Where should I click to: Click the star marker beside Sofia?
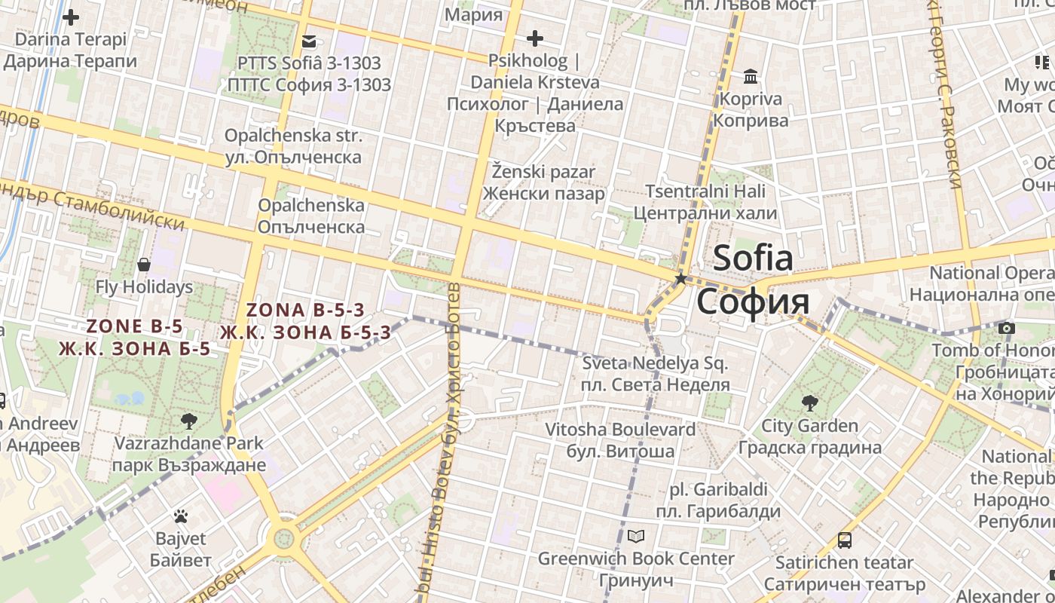click(681, 279)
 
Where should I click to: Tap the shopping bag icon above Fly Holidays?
click(144, 265)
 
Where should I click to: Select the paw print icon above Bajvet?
click(181, 516)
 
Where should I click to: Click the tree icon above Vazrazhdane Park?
click(188, 421)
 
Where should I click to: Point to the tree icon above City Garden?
click(810, 403)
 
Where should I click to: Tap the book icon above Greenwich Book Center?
click(636, 537)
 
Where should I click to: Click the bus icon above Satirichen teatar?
click(845, 540)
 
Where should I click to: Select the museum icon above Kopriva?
click(751, 77)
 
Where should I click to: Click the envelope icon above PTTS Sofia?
click(309, 41)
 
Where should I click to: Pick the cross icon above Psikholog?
click(535, 38)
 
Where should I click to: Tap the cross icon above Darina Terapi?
click(71, 17)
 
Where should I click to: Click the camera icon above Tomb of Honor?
click(1007, 328)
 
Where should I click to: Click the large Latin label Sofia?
click(753, 258)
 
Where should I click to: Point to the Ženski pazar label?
click(543, 172)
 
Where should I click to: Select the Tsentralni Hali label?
click(705, 191)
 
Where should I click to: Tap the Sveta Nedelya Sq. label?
click(656, 364)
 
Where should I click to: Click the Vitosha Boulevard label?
click(620, 430)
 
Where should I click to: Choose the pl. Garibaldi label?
click(718, 489)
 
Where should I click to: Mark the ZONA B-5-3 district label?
click(305, 310)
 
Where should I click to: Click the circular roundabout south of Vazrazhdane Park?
click(283, 538)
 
